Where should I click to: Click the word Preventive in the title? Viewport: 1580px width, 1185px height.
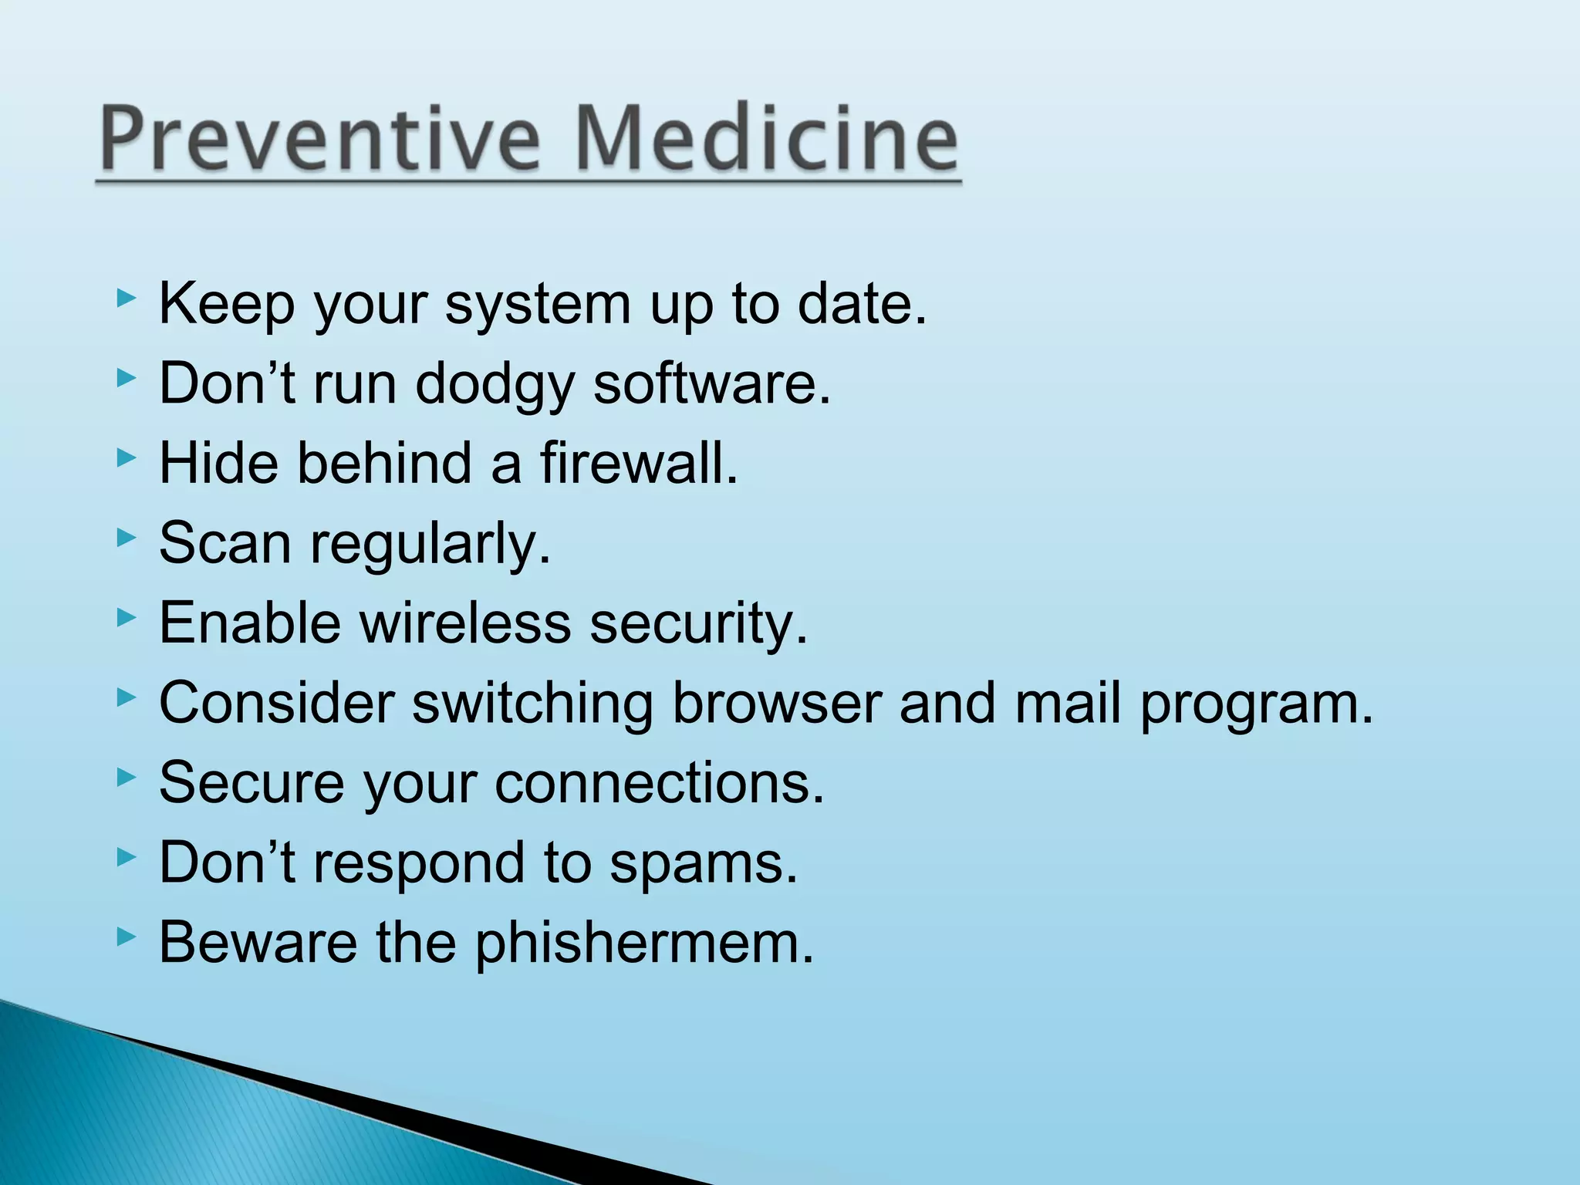(319, 139)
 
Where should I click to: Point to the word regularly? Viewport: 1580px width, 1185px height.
(430, 545)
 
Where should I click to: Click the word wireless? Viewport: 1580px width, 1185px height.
(465, 623)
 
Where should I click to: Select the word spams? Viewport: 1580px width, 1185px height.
(703, 863)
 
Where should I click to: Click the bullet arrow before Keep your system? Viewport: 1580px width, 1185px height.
(126, 299)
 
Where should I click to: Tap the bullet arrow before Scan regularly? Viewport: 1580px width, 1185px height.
(126, 538)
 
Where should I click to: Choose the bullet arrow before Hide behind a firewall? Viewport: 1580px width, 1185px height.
(126, 458)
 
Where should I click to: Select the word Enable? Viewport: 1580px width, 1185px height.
(250, 623)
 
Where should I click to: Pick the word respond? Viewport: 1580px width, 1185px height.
(419, 863)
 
